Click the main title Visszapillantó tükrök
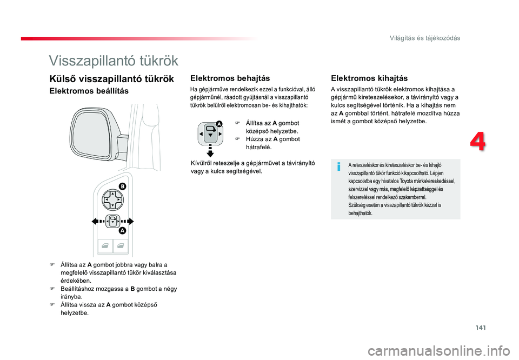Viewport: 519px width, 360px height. [x=114, y=61]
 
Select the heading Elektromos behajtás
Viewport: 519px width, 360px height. [x=230, y=78]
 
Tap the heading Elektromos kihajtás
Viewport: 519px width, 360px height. [x=369, y=78]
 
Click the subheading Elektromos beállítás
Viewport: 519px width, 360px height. [x=89, y=91]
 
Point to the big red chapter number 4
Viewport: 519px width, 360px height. [x=477, y=142]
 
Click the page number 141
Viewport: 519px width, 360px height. [x=481, y=328]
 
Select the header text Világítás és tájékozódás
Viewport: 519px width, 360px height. [x=425, y=38]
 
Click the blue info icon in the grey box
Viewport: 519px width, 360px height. [x=338, y=167]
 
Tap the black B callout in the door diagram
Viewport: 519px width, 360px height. [x=123, y=186]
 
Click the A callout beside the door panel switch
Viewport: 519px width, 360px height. [x=123, y=231]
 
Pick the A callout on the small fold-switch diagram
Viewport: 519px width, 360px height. [x=219, y=124]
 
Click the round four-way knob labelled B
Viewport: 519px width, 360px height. [x=112, y=200]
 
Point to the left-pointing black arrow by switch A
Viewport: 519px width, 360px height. [x=98, y=222]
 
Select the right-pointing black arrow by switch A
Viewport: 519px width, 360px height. [x=128, y=222]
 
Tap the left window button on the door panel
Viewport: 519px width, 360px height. [x=105, y=246]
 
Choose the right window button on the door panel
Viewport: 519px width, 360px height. [x=121, y=246]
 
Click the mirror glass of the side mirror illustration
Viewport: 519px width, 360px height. [x=90, y=133]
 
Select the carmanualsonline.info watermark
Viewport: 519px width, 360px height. [x=443, y=351]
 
